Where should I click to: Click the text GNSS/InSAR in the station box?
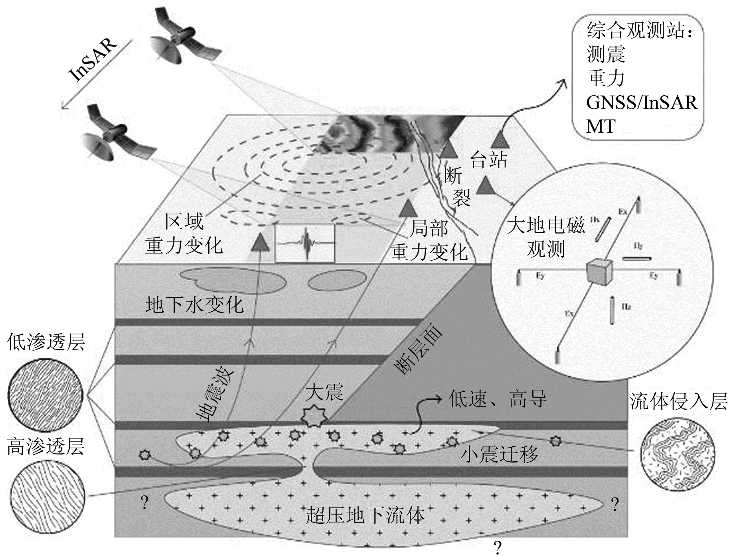642,102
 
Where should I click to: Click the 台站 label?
488,160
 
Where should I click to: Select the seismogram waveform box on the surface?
305,243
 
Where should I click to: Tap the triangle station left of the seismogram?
260,242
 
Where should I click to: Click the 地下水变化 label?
194,305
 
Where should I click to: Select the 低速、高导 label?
497,399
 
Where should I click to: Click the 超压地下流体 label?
365,515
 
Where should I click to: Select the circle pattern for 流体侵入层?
677,453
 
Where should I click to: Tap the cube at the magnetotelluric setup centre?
600,272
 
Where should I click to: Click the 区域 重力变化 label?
184,234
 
